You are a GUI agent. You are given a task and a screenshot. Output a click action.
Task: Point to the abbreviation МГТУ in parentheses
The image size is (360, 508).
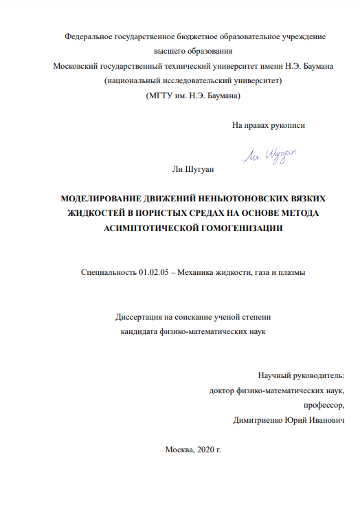tap(163, 96)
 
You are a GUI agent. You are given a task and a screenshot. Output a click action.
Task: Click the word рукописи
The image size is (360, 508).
tap(287, 125)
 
